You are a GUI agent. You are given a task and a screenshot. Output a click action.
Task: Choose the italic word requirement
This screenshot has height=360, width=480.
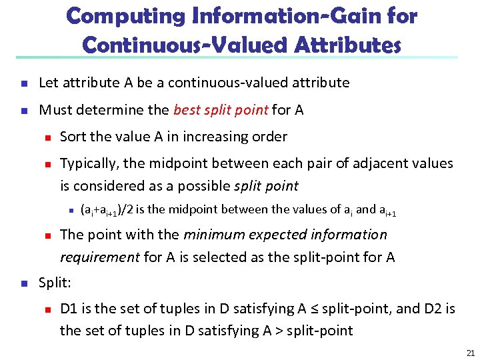100,257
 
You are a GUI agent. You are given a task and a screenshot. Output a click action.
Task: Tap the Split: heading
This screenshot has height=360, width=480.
55,283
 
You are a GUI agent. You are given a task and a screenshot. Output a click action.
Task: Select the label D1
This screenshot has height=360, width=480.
69,309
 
